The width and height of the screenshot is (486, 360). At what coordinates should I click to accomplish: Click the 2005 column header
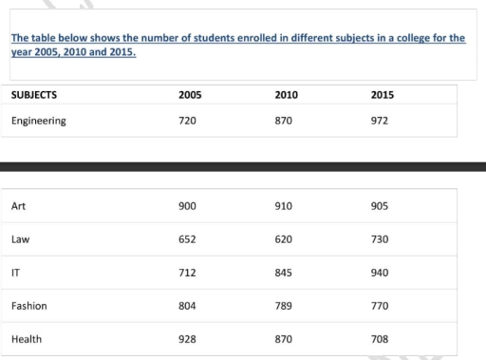tap(190, 96)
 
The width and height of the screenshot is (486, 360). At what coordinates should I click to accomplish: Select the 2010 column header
tap(287, 96)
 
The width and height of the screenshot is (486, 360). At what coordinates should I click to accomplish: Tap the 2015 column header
tap(383, 96)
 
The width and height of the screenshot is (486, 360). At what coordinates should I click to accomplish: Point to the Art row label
tap(18, 206)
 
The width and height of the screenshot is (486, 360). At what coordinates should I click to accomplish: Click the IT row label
tap(16, 273)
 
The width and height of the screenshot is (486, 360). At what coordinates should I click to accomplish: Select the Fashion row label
tap(29, 306)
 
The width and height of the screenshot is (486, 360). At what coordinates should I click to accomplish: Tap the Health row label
tap(28, 339)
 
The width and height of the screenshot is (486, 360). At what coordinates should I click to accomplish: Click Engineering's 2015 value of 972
tap(382, 122)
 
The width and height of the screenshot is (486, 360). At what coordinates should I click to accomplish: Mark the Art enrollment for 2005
tap(188, 206)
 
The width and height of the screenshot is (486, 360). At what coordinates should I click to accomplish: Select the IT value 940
tap(382, 273)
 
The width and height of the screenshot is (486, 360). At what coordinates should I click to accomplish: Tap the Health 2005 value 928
tap(188, 339)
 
